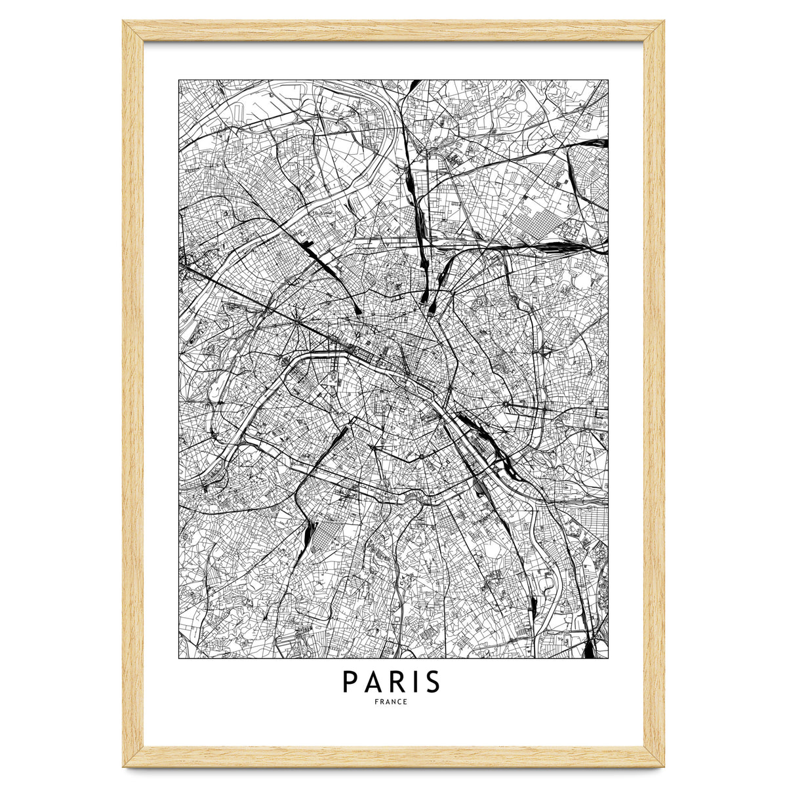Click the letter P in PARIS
[350, 683]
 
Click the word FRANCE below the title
[392, 702]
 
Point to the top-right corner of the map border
[608, 81]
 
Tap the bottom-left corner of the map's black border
[178, 657]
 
